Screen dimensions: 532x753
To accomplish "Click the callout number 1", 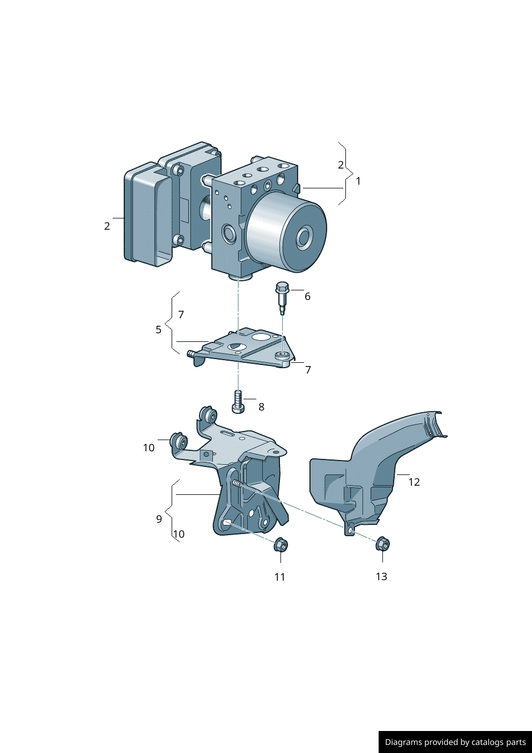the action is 358,181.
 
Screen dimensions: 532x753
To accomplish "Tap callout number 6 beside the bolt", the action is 308,296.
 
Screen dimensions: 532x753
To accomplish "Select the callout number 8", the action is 261,407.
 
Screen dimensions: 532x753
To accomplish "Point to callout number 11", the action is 280,577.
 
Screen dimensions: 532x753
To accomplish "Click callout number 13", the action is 381,576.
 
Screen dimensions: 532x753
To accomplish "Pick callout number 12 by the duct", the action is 414,482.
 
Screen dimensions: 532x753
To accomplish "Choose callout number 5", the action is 159,330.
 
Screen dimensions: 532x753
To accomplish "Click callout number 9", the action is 159,519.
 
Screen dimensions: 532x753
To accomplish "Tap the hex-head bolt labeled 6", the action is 282,298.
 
